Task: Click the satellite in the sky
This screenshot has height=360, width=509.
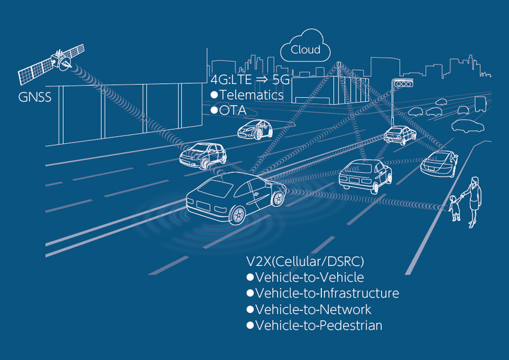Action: pos(52,64)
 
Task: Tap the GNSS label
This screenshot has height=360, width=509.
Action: pos(35,97)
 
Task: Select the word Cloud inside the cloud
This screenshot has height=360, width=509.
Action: pos(305,50)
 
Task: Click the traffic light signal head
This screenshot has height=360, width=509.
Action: pos(403,84)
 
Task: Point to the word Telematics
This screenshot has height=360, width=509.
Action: pos(251,95)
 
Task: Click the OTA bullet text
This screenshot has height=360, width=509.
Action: pos(228,111)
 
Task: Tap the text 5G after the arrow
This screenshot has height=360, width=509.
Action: pos(281,80)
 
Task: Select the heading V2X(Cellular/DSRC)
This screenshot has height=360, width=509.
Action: pos(305,261)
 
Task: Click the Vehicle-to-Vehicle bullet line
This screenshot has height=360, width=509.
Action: pos(305,277)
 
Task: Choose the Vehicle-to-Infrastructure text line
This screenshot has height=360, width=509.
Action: pos(323,293)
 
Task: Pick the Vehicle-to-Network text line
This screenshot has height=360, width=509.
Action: pos(309,309)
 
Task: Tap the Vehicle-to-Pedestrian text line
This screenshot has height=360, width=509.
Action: pos(314,325)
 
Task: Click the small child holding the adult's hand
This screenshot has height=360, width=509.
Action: pos(455,208)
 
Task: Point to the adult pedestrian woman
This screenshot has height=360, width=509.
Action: pos(473,202)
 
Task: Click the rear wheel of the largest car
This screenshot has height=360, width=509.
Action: pos(237,216)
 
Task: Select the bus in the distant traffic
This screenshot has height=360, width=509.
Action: pos(481,104)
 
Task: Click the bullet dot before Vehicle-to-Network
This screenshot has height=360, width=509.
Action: pos(250,309)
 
